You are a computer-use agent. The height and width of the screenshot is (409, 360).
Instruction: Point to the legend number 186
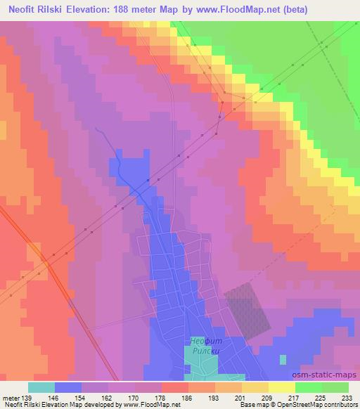(x=166, y=398)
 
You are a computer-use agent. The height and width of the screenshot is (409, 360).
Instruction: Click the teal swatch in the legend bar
(x=41, y=387)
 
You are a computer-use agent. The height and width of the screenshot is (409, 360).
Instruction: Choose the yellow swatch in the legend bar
(x=282, y=387)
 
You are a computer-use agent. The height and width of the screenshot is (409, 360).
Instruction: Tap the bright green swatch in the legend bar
(x=309, y=387)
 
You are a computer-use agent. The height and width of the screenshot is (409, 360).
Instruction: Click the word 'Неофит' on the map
(x=208, y=342)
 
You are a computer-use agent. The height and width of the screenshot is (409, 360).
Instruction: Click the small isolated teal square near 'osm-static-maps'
(x=283, y=359)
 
